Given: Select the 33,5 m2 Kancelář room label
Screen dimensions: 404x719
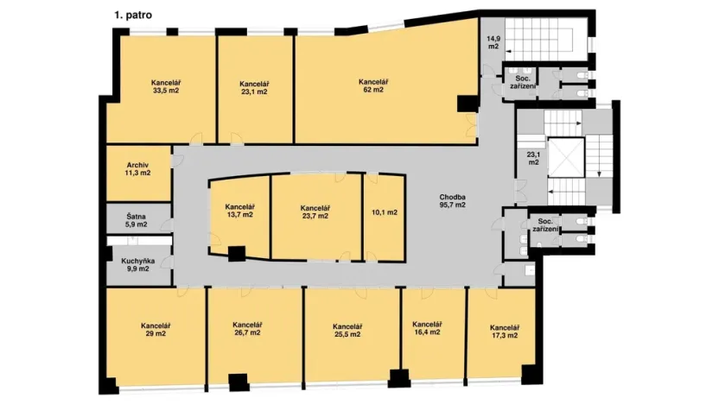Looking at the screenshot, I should tap(165, 86).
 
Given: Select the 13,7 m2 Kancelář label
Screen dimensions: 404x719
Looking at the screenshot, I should tap(239, 211).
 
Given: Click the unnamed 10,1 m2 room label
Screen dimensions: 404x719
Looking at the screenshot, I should tap(384, 211).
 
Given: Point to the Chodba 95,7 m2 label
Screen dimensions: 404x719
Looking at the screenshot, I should tap(452, 201).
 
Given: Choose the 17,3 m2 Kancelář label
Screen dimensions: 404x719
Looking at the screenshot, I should tap(503, 331).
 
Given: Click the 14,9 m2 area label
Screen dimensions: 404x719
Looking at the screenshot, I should tap(492, 43).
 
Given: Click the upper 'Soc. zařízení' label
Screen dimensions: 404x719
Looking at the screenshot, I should tap(523, 82).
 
